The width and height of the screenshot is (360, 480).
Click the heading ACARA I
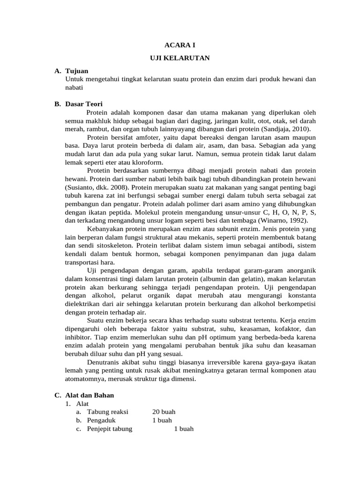click(x=180, y=45)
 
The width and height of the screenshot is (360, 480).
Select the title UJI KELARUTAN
click(x=180, y=58)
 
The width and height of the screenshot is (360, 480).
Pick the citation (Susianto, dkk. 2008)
click(x=91, y=187)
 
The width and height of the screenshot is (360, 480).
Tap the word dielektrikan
click(x=83, y=304)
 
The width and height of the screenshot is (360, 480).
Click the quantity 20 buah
click(x=164, y=412)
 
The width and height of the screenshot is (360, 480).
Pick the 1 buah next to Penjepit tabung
click(x=184, y=429)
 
